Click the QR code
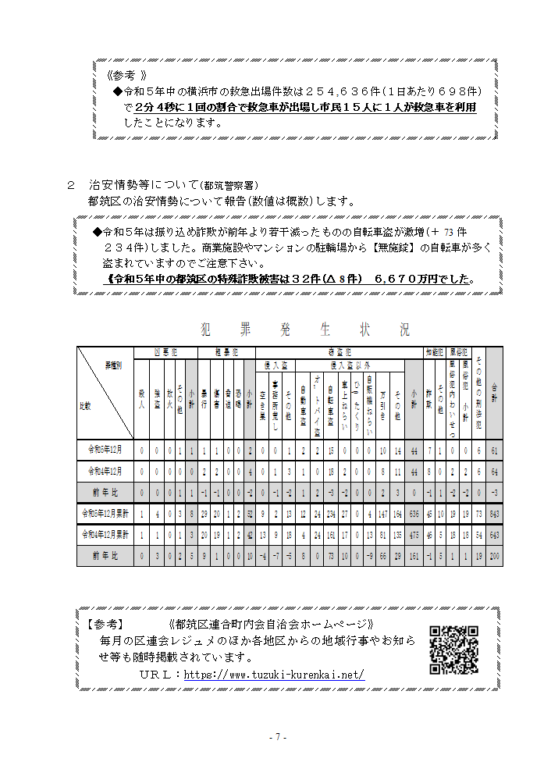(x=453, y=650)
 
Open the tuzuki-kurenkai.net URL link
(x=274, y=675)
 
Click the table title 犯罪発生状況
(x=304, y=329)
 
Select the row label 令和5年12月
(x=105, y=451)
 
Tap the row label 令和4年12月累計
(x=105, y=535)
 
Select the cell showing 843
(x=495, y=514)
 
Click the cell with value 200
(x=495, y=555)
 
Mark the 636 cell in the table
(x=414, y=514)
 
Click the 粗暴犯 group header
(x=227, y=352)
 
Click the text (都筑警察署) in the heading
(x=229, y=186)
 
